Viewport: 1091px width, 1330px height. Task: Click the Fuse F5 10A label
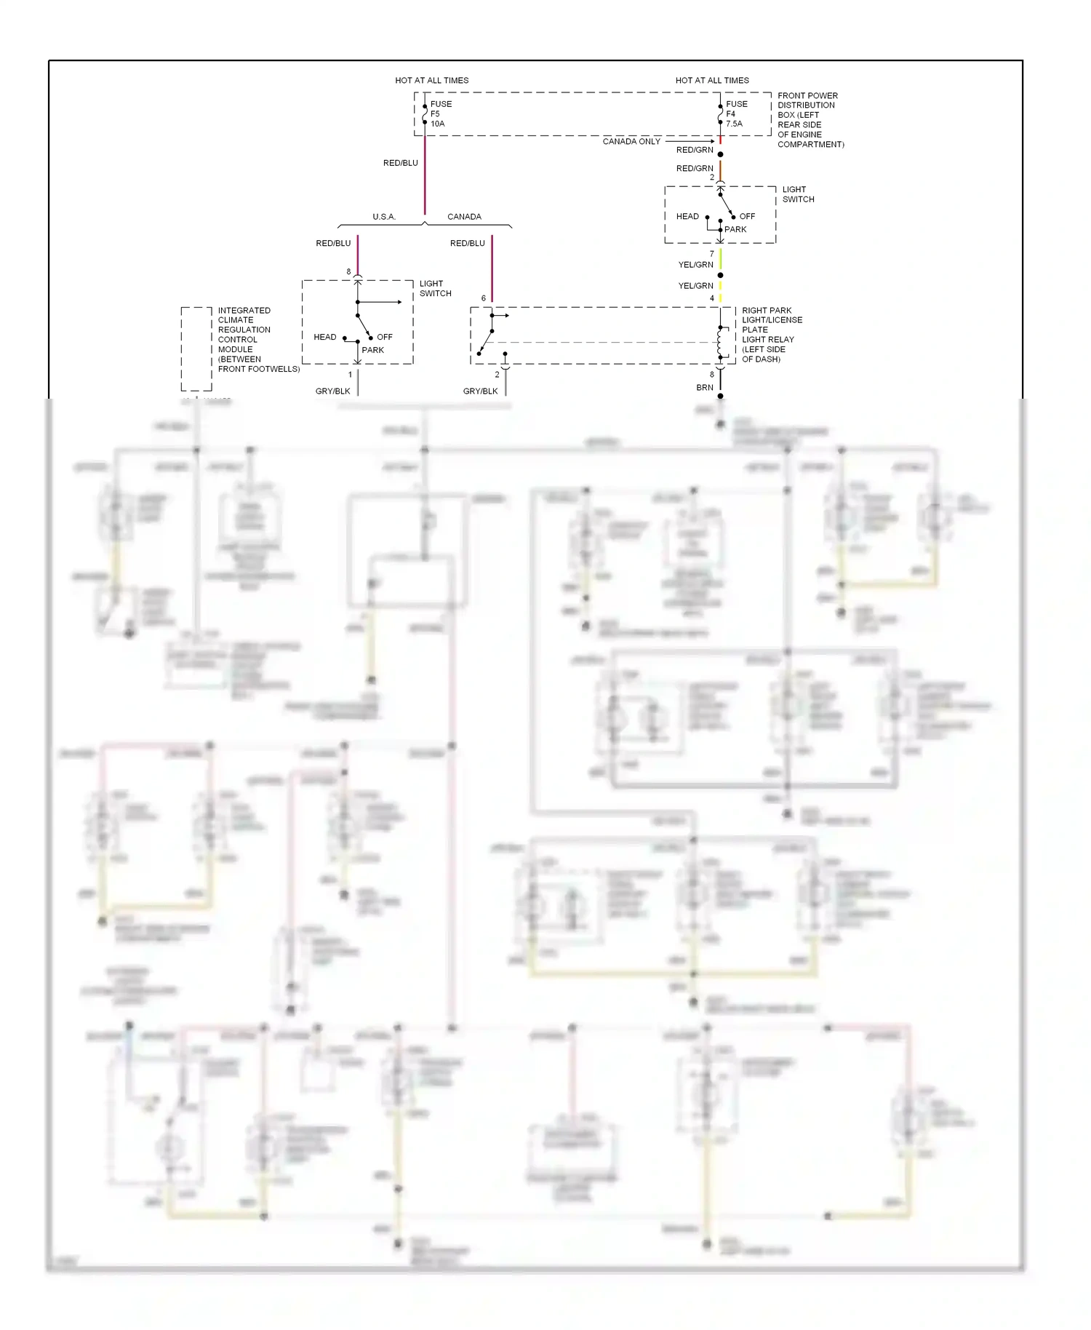tap(440, 114)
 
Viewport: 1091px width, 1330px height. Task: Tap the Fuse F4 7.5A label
tap(735, 114)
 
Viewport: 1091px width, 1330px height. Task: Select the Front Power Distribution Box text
tap(810, 119)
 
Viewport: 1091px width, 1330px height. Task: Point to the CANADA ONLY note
tap(631, 141)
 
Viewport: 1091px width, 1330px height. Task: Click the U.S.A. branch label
tap(384, 217)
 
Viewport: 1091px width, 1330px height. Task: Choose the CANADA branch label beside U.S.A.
tap(464, 217)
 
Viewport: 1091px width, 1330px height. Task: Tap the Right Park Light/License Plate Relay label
tap(771, 334)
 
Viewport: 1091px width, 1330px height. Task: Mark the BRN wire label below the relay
tap(704, 388)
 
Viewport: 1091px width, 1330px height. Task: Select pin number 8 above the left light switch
tap(348, 272)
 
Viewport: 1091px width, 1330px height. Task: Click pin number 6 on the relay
tap(484, 298)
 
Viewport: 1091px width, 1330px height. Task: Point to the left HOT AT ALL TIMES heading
tap(431, 80)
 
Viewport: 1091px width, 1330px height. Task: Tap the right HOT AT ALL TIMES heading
tap(711, 80)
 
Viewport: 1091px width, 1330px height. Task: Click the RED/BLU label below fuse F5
tap(400, 163)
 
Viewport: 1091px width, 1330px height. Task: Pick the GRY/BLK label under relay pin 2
tap(480, 391)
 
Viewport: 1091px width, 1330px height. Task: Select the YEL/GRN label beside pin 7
tap(695, 265)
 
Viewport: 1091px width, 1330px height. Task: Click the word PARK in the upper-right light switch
tap(735, 229)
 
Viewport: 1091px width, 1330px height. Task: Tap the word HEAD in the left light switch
tap(324, 337)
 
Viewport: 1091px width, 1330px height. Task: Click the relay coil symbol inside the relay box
tap(721, 343)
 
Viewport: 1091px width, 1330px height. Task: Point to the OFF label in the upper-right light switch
tap(747, 216)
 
